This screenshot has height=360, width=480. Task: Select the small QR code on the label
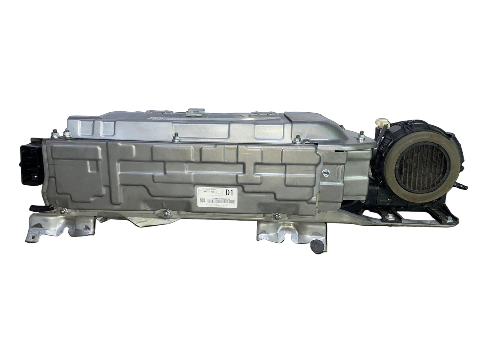(x=201, y=200)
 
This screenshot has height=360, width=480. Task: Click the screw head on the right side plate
(x=326, y=172)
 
